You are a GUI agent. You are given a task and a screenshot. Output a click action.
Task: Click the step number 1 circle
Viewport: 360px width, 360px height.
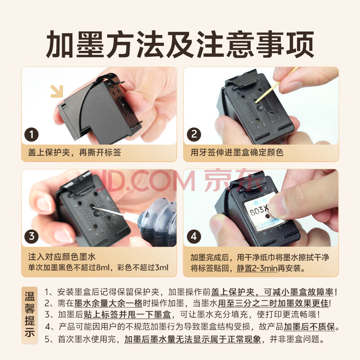coord(31,135)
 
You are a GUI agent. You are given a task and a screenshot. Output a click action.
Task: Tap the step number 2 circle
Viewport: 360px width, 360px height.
coord(194,135)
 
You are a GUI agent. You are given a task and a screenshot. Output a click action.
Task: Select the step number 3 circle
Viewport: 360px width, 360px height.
coord(31,237)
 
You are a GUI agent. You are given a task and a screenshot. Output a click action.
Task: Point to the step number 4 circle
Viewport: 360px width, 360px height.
coord(194,237)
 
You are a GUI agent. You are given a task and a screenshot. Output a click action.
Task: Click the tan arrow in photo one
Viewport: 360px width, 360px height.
coord(57,91)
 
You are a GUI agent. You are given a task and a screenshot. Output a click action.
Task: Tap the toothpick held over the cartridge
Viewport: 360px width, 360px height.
coord(277,85)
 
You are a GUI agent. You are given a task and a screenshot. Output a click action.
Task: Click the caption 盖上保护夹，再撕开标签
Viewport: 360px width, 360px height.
coord(74,152)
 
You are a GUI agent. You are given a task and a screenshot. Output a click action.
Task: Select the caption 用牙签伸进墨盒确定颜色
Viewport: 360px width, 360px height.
coord(237,152)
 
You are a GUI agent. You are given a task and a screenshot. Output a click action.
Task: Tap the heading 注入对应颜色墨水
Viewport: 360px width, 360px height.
coord(62,256)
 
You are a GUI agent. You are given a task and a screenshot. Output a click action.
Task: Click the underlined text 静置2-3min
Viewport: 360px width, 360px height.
coord(257,268)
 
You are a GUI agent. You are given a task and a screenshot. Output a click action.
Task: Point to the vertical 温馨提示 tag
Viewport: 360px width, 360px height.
coord(30,315)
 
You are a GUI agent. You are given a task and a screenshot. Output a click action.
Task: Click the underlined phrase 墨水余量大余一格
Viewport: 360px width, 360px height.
coord(108,303)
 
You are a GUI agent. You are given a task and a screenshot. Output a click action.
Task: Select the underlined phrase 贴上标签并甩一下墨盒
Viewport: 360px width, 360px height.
coord(127,315)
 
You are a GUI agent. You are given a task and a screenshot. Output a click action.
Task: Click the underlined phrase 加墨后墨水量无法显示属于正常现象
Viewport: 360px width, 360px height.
coord(193,339)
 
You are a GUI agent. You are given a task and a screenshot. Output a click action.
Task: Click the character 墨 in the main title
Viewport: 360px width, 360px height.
coord(90,44)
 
